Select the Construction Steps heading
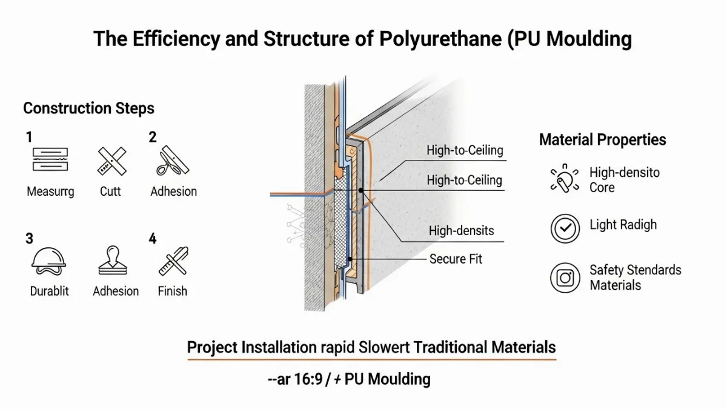(88, 108)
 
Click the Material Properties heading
(602, 140)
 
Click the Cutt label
(110, 191)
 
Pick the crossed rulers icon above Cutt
(111, 161)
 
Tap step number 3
(29, 238)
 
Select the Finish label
(172, 291)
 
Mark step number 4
(153, 238)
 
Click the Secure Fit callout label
(456, 259)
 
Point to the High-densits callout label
(461, 231)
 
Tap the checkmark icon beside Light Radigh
(565, 228)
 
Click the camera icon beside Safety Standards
(565, 278)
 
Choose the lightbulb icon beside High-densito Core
(565, 179)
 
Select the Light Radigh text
(623, 225)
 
